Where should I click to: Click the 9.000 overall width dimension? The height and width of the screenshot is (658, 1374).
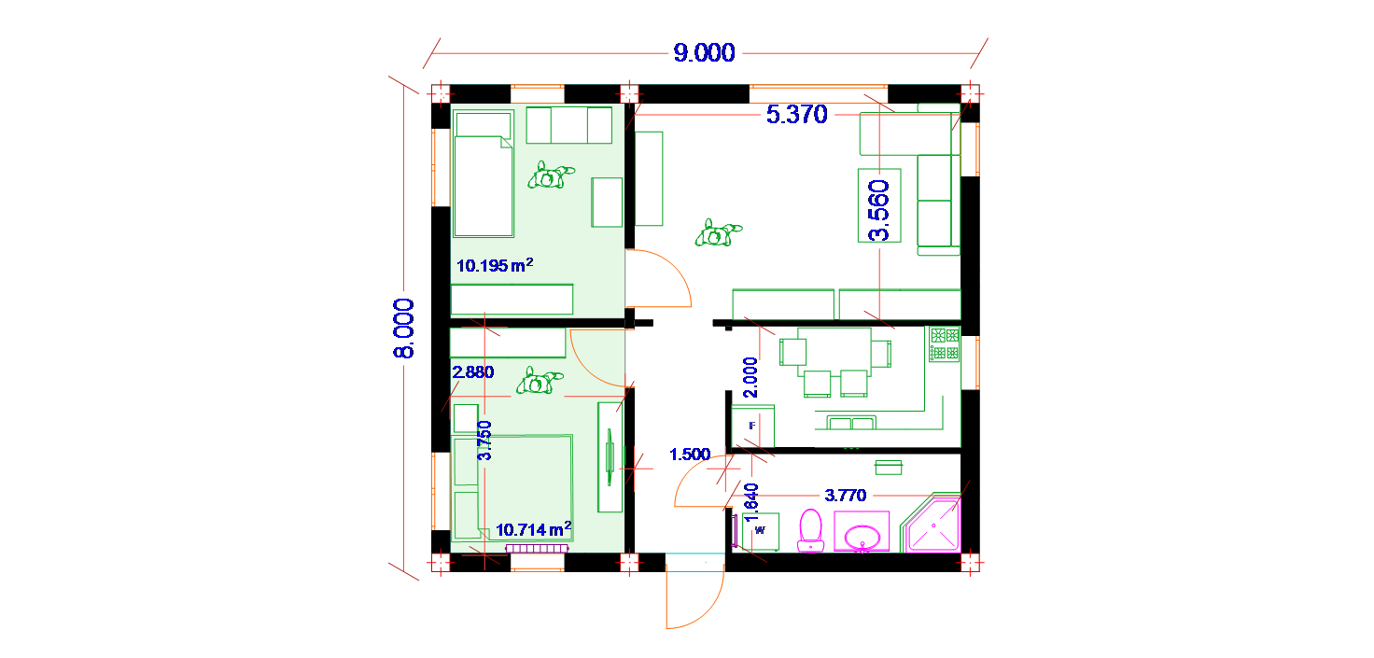(704, 53)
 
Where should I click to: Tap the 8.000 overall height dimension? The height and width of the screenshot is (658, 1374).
(403, 329)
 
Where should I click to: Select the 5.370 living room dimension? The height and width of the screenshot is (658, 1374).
(797, 115)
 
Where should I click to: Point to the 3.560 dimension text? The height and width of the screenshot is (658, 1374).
(879, 210)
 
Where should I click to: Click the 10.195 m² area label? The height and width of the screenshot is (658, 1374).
(495, 265)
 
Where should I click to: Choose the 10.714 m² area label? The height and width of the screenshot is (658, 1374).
(534, 528)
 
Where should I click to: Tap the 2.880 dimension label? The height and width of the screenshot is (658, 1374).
(473, 372)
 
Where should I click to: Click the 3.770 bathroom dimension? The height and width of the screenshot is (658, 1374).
(846, 495)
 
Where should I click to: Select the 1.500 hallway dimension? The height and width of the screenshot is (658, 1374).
(690, 455)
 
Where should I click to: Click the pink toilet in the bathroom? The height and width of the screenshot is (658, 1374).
(811, 530)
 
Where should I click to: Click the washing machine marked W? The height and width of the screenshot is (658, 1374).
(761, 531)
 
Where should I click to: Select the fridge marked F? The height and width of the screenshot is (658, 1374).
(752, 426)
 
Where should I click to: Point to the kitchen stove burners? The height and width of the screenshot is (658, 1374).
(945, 344)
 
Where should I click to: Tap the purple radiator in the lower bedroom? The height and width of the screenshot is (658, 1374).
(537, 548)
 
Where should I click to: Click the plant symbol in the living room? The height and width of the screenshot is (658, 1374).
(718, 233)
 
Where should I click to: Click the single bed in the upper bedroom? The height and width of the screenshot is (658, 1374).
(484, 174)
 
